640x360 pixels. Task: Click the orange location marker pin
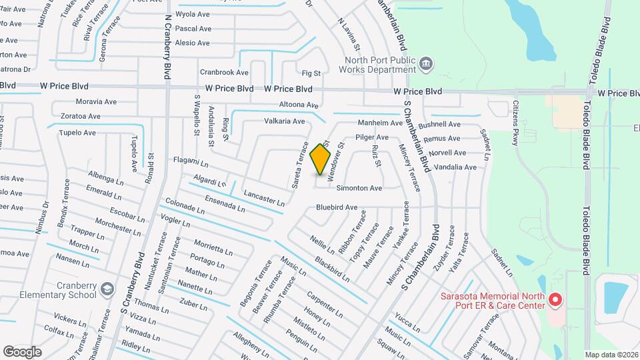[x=321, y=159]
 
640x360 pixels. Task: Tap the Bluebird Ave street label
[x=337, y=207]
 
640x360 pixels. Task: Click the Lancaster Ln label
[x=264, y=198]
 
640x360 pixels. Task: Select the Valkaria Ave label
[x=285, y=121]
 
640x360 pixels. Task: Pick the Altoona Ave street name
[x=299, y=105]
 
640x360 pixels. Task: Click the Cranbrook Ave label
[x=223, y=72]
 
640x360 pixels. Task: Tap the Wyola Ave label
[x=193, y=13]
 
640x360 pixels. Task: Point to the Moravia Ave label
[x=96, y=102]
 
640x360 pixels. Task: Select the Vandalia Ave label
[x=453, y=167]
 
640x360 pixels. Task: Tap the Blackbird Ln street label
[x=333, y=269]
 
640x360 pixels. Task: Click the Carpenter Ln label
[x=325, y=303]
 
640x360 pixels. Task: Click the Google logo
[x=23, y=351]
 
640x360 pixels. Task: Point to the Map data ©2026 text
[x=611, y=355]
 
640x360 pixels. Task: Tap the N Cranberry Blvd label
[x=165, y=37]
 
